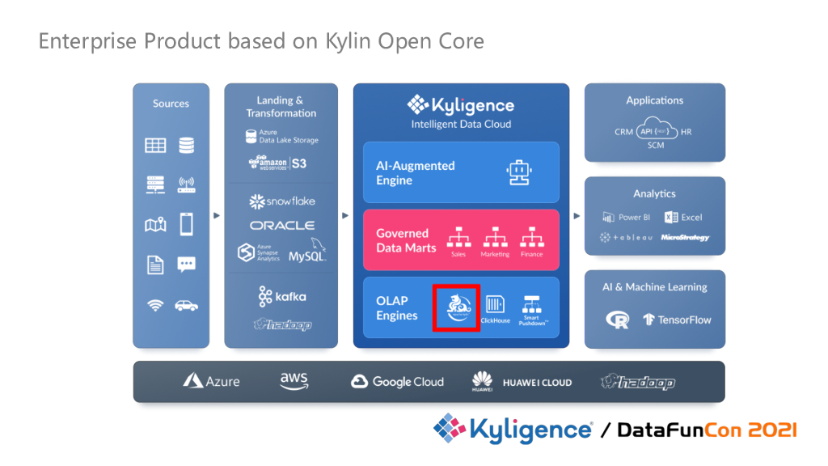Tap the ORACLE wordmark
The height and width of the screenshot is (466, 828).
(282, 226)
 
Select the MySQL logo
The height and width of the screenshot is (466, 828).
(307, 253)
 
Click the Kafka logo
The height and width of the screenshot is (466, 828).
(282, 297)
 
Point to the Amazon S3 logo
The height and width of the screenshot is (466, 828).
(277, 162)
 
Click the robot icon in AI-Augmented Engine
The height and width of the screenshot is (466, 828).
(517, 172)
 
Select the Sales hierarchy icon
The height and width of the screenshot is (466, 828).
(458, 237)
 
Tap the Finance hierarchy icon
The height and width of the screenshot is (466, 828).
(531, 237)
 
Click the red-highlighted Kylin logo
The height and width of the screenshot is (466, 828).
(456, 307)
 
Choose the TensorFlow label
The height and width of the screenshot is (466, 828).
(677, 320)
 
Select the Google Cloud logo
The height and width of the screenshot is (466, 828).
(398, 382)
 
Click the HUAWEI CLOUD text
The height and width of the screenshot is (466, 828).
(537, 383)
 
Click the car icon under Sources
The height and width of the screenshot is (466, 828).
(186, 306)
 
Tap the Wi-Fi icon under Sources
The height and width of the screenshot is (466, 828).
(155, 306)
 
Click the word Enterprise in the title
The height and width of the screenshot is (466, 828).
(87, 41)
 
